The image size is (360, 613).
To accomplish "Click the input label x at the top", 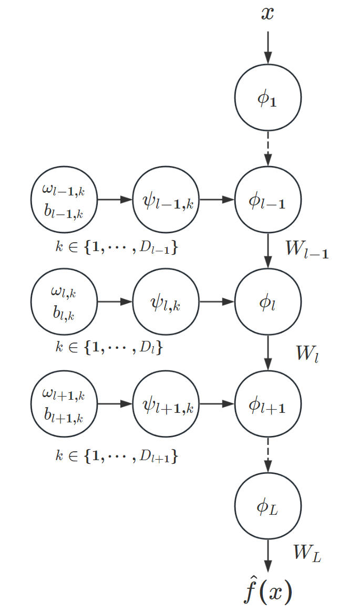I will pos(268,13).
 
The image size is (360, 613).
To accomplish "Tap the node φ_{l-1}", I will pos(268,200).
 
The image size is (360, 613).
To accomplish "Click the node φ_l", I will pos(268,302).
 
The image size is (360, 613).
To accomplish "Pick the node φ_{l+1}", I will pos(268,404).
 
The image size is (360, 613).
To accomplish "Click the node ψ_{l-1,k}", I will pos(167,200).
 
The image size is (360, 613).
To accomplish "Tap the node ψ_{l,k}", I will pos(167,302).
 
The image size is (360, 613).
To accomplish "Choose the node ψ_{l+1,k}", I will pos(167,404).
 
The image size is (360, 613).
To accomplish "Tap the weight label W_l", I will pos(307,354).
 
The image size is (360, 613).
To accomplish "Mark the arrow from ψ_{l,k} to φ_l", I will pos(217,302).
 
